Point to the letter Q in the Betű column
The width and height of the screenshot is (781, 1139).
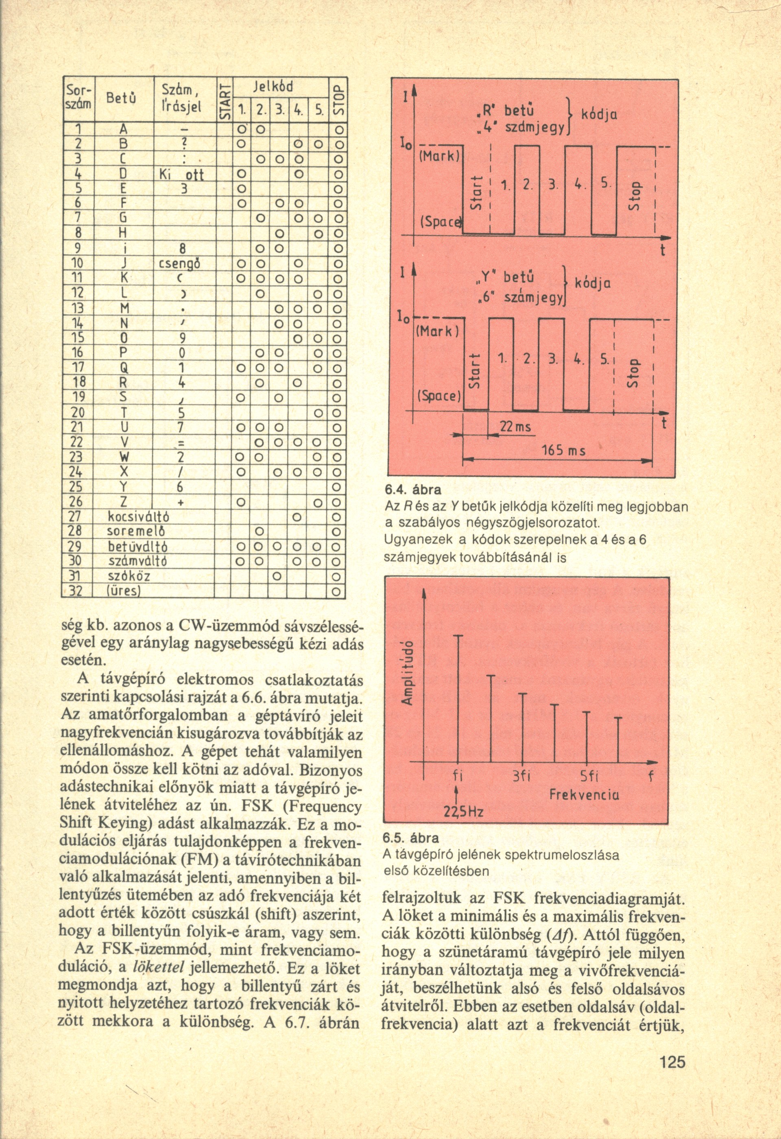coord(124,367)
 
